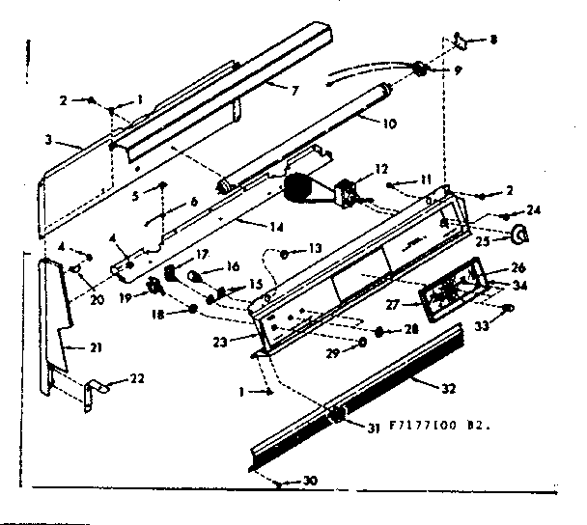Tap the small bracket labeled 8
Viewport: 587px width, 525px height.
coord(460,41)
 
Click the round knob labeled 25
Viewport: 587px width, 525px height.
coord(520,233)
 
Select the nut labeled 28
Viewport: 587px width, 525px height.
coord(379,332)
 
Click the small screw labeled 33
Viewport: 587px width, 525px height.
coord(508,307)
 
